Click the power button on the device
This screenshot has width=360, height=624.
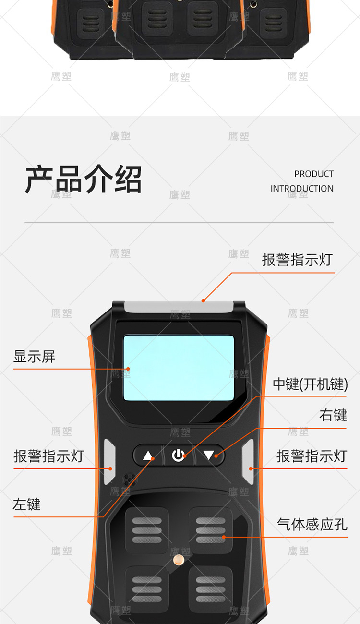(179, 456)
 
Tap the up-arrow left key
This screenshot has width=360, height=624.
(148, 456)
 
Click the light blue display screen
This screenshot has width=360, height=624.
(179, 368)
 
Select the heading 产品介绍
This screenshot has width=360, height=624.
(84, 179)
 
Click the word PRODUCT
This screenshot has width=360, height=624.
(314, 174)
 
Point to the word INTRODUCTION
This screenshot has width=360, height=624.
(302, 189)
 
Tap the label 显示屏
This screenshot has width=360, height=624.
(35, 357)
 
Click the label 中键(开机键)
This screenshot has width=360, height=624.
(310, 384)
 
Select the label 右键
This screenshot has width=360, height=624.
(333, 415)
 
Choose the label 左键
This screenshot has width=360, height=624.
(27, 504)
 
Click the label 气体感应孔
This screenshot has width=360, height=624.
(312, 524)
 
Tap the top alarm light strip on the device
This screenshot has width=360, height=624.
(179, 306)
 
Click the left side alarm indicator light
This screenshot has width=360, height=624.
(109, 462)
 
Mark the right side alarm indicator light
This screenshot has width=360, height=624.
(248, 462)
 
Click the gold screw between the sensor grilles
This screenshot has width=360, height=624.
(179, 559)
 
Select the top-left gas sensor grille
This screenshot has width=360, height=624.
(147, 530)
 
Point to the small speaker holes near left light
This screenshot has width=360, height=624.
(129, 480)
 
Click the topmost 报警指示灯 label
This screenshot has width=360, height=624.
(297, 260)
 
